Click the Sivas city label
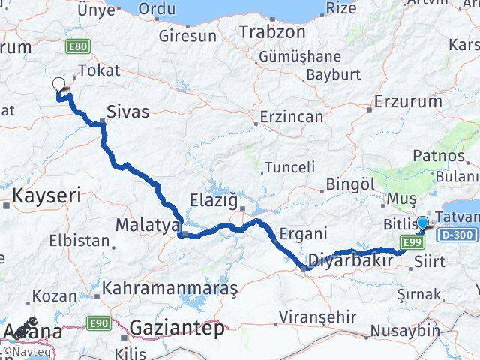129,112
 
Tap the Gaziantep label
177,327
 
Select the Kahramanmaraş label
170,288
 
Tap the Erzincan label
292,117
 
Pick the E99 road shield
410,241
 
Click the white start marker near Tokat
58,85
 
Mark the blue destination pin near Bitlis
423,223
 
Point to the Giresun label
187,35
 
